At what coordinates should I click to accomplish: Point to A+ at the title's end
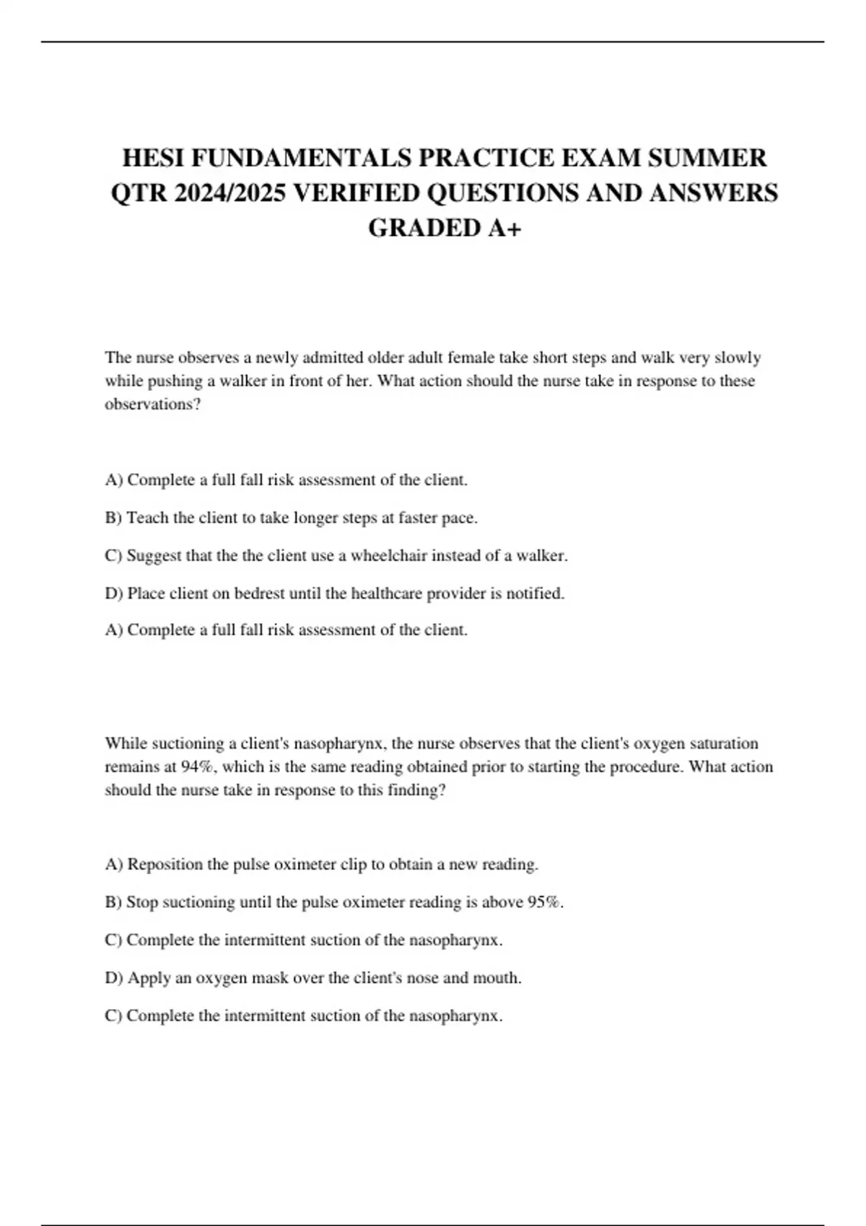(504, 228)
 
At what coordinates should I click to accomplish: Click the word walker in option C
(541, 556)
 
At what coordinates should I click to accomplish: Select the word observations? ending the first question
(152, 404)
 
